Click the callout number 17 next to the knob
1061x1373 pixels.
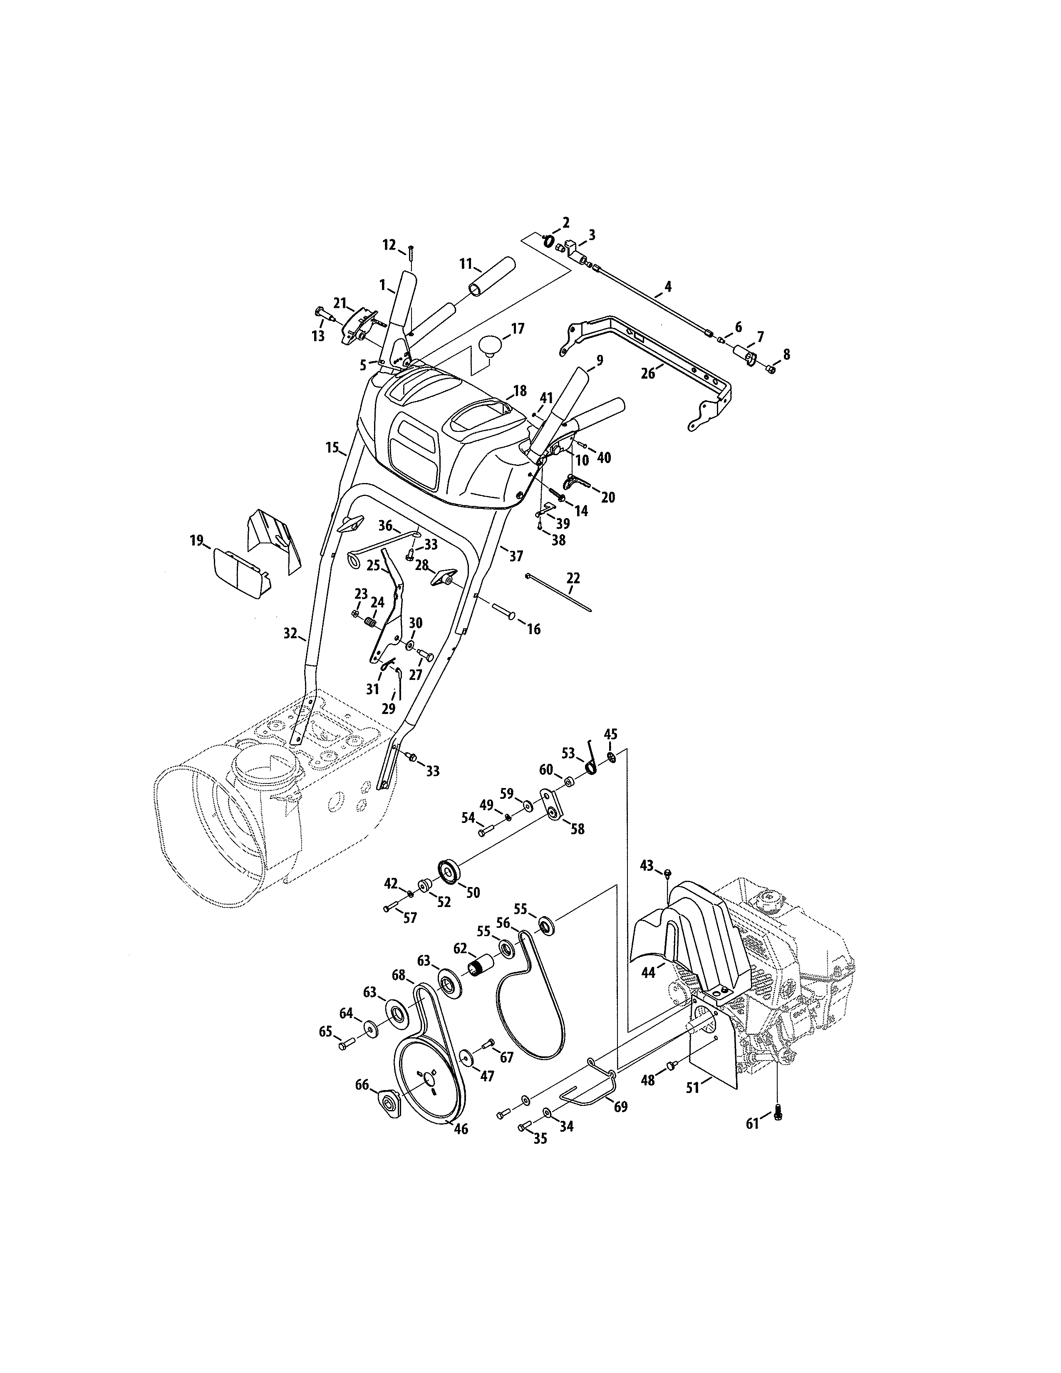coord(517,328)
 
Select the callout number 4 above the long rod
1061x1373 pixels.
coord(667,287)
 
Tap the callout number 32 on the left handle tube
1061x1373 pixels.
coord(290,634)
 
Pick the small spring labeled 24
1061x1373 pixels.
coord(371,622)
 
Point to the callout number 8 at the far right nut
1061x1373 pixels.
coord(785,354)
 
